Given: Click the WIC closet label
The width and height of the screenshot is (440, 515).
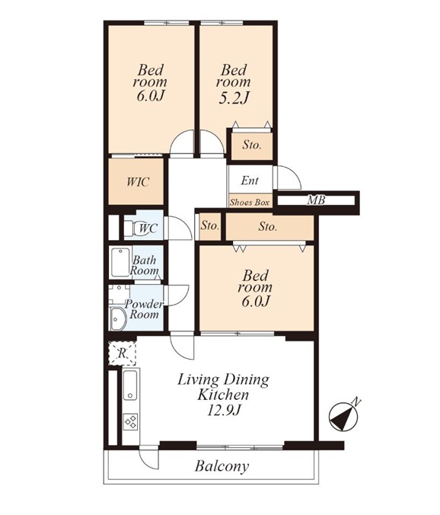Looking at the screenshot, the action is (138, 181).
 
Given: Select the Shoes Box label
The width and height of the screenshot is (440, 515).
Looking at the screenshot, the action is (250, 203).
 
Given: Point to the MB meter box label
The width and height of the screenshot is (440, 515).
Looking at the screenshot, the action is (316, 200).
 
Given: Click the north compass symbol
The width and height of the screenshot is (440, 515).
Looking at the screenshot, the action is (343, 417).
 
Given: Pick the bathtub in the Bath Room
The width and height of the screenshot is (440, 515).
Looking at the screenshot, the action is (120, 262).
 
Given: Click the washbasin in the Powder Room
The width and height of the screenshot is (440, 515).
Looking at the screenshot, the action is (118, 318).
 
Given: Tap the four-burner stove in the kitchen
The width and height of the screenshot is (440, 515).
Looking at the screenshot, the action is (131, 422).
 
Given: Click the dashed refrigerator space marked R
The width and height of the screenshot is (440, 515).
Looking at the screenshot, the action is (122, 353).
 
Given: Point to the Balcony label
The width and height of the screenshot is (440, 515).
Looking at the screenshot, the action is (222, 466).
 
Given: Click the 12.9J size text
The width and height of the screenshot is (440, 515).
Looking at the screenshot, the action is (224, 410).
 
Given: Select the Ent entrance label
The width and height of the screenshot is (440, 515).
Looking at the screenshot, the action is (250, 181).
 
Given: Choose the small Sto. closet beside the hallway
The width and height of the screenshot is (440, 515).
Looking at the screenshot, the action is (210, 226).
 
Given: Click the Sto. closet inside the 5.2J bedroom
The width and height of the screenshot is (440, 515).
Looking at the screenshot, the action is (252, 145).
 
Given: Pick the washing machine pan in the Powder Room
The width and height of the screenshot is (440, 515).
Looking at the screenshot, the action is (119, 294).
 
